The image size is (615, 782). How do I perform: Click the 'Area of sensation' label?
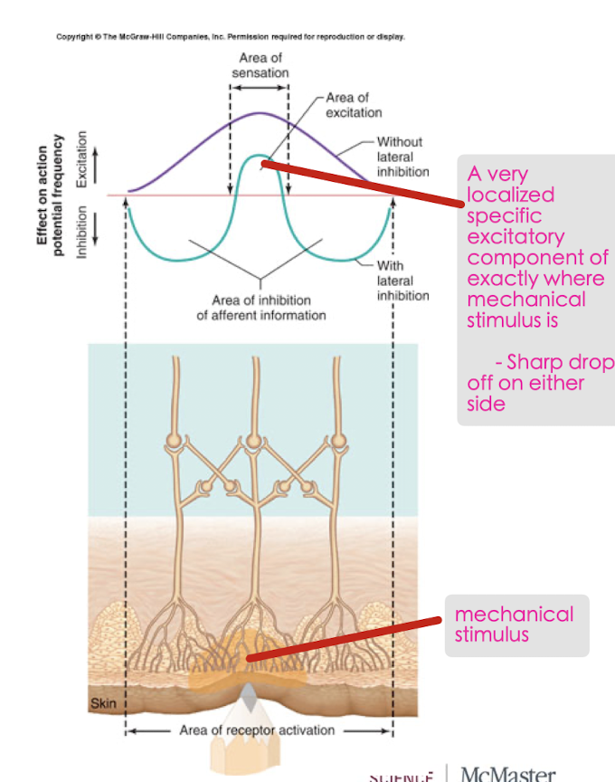pyautogui.click(x=259, y=65)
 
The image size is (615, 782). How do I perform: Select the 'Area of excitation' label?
pyautogui.click(x=354, y=105)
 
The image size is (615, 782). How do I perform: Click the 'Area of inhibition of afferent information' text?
pyautogui.click(x=260, y=308)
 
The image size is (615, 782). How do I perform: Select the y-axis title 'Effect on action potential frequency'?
pyautogui.click(x=50, y=195)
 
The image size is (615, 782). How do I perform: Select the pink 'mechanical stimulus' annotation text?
pyautogui.click(x=513, y=625)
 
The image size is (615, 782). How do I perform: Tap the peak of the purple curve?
pyautogui.click(x=260, y=113)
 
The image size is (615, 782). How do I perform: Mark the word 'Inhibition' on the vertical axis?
pyautogui.click(x=81, y=233)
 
